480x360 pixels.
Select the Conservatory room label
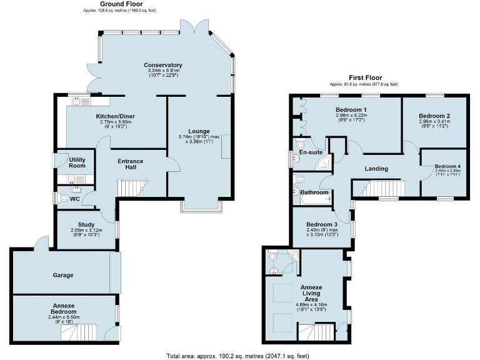click(x=162, y=65)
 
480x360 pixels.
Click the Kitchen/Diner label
click(x=116, y=116)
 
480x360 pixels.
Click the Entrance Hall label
click(x=131, y=165)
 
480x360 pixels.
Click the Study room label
click(x=86, y=224)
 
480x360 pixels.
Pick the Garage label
click(x=62, y=275)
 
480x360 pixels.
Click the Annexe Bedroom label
click(x=62, y=308)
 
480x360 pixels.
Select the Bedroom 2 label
click(x=434, y=116)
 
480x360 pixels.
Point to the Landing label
click(x=376, y=169)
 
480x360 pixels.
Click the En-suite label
click(x=311, y=152)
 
